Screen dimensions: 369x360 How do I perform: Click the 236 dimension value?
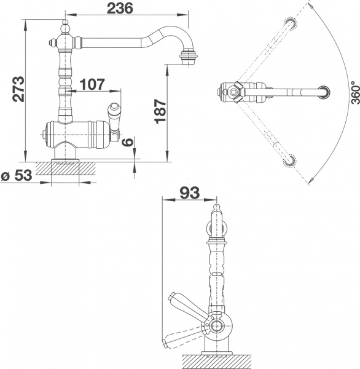(120, 9)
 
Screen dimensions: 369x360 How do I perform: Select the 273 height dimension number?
(18, 89)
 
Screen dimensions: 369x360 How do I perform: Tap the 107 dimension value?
(92, 85)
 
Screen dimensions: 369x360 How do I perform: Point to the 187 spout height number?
(158, 112)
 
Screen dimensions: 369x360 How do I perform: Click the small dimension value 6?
(127, 143)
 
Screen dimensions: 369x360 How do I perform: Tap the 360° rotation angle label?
(353, 95)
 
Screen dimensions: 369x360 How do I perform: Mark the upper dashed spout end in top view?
(289, 24)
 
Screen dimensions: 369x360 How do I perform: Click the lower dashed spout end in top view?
(290, 161)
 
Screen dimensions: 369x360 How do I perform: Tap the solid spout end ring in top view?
(324, 93)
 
